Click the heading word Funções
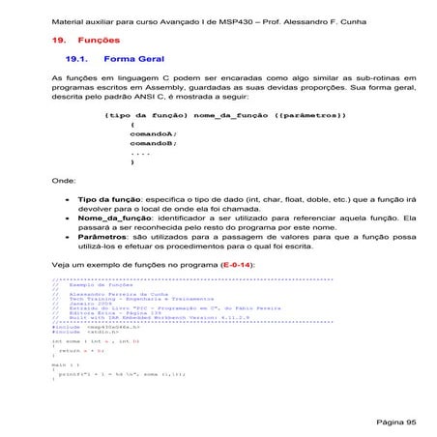click(99, 42)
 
